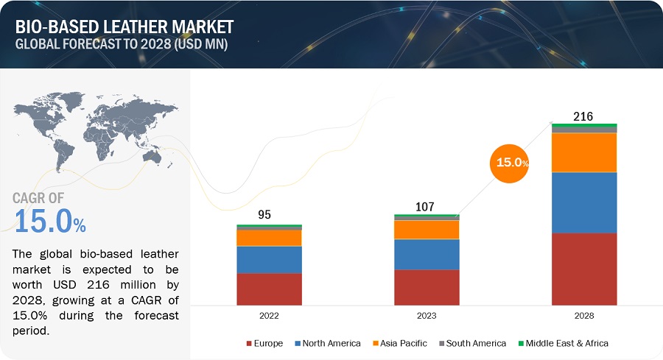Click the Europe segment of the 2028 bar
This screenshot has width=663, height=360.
[584, 269]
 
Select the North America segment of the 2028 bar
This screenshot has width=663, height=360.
[584, 202]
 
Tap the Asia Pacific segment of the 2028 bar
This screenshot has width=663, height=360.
[584, 152]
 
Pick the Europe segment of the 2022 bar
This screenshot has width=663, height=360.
[269, 289]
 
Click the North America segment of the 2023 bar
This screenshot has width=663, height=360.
[427, 254]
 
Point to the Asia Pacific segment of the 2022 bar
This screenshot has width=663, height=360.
[269, 238]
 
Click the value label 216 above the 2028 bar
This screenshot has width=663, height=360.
[583, 116]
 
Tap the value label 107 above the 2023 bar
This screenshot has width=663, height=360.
[427, 206]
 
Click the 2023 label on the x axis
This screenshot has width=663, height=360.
[427, 315]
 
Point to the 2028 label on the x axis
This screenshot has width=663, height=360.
[583, 315]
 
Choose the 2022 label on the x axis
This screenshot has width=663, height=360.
[269, 315]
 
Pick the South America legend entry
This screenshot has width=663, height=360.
[473, 343]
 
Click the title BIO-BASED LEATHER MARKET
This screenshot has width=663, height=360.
[123, 27]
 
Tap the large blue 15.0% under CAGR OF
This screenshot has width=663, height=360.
[50, 222]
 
